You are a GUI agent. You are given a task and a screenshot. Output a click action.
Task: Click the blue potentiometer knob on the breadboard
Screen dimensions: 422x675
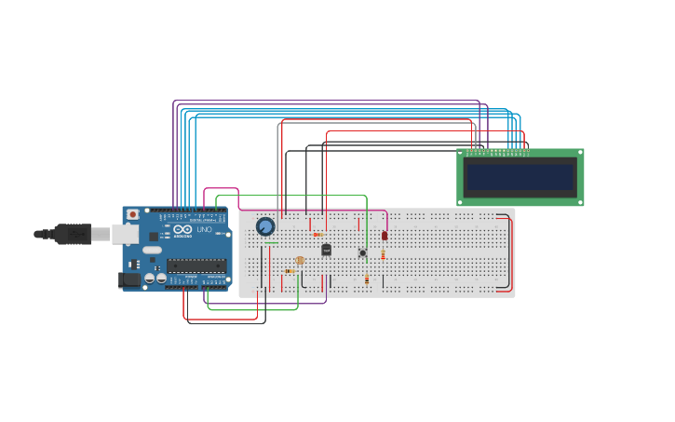pos(265,226)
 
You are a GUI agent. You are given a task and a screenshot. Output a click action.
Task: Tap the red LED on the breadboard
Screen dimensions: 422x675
pos(385,236)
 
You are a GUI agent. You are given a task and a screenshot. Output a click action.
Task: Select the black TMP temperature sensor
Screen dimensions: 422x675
pos(326,250)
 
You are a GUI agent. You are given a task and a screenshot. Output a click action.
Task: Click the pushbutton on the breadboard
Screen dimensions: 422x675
pos(362,252)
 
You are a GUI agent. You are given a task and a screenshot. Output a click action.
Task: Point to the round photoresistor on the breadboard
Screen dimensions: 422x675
pos(300,261)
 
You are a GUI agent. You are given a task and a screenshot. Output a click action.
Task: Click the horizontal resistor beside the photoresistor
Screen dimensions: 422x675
pos(290,271)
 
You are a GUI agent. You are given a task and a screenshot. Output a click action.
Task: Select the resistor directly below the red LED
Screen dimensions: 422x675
pos(384,254)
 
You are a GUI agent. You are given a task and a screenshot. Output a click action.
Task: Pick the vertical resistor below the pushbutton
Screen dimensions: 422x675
pos(367,279)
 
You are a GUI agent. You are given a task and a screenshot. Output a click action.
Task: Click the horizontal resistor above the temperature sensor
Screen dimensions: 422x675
pos(318,235)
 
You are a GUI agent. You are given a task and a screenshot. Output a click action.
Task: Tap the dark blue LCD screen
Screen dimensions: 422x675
pos(520,177)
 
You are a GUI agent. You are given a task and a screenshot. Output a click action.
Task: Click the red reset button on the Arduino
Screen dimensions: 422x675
pos(132,214)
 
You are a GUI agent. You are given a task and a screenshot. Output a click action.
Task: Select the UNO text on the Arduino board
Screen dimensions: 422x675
pos(205,229)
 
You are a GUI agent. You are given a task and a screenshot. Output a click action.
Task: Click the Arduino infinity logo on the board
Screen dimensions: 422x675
pos(182,229)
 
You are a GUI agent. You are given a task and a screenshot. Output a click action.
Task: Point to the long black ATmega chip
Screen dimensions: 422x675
pos(196,265)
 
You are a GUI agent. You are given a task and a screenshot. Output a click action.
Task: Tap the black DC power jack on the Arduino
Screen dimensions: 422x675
pos(129,279)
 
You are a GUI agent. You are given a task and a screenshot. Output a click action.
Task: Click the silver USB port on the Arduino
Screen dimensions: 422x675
pos(125,234)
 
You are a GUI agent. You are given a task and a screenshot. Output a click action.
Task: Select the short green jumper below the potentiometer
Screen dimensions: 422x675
pos(271,242)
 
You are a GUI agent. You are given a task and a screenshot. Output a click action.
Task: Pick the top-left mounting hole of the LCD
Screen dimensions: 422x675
pos(460,153)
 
